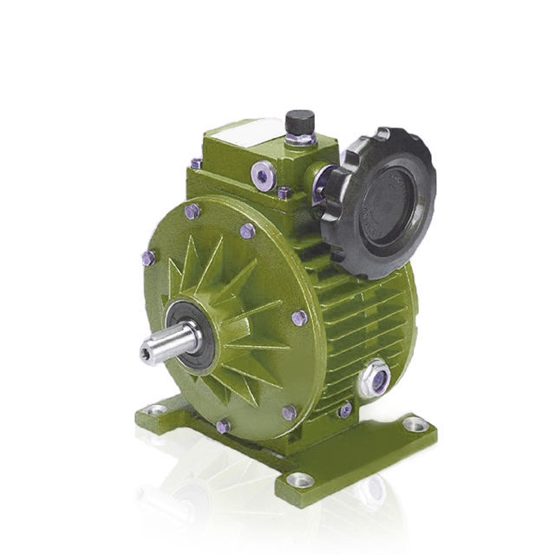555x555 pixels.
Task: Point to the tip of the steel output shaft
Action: tap(147, 349)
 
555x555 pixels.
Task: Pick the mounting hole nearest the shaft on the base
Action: tap(156, 408)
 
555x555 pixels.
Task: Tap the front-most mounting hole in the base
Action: tap(300, 479)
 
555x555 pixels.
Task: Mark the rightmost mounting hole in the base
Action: tap(415, 424)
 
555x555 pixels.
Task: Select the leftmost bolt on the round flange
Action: tap(148, 258)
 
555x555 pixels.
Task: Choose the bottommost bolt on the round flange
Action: tap(224, 426)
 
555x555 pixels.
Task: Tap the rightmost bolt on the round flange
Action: tap(299, 317)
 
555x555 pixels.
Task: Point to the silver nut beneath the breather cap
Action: tap(299, 138)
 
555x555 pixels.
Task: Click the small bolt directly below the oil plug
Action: tap(345, 409)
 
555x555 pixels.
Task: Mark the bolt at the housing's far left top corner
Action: tap(197, 163)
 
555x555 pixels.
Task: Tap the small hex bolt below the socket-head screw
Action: tap(284, 193)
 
